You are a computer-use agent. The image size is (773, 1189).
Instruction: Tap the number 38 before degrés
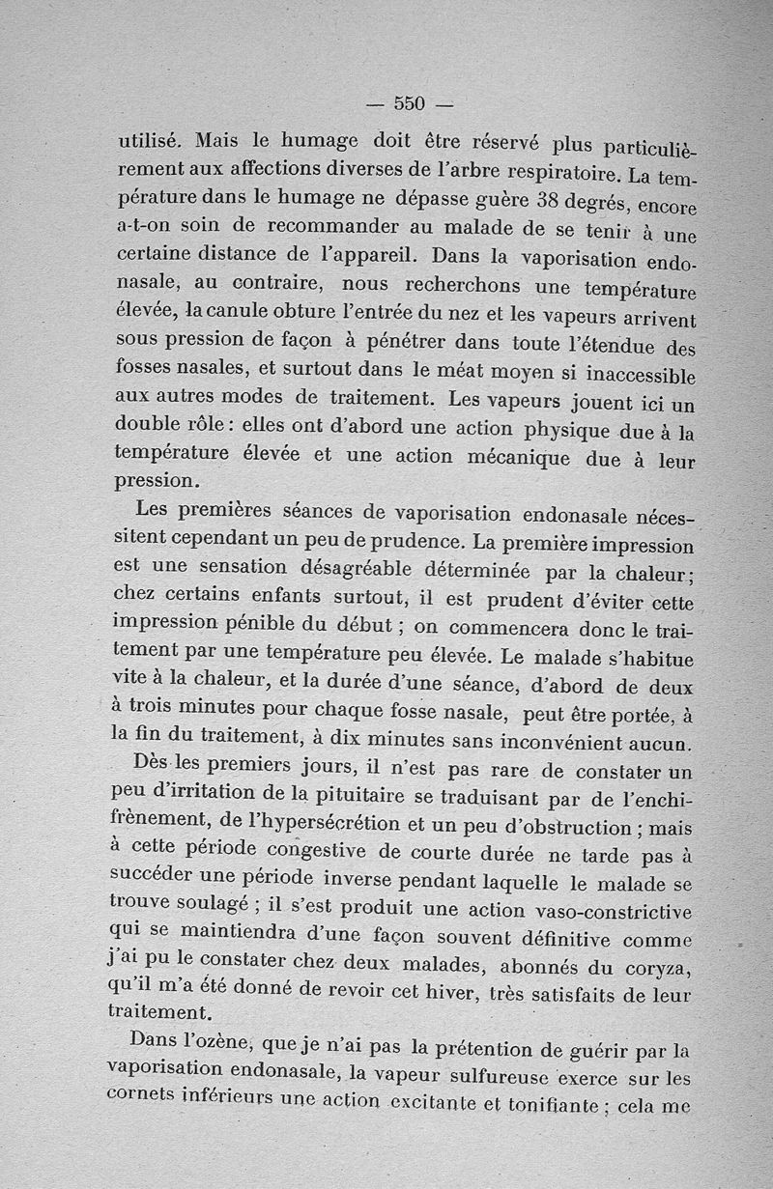tap(546, 203)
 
